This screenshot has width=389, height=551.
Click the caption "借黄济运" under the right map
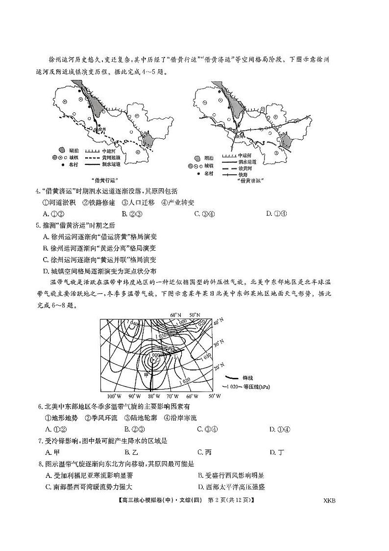click(249, 180)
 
